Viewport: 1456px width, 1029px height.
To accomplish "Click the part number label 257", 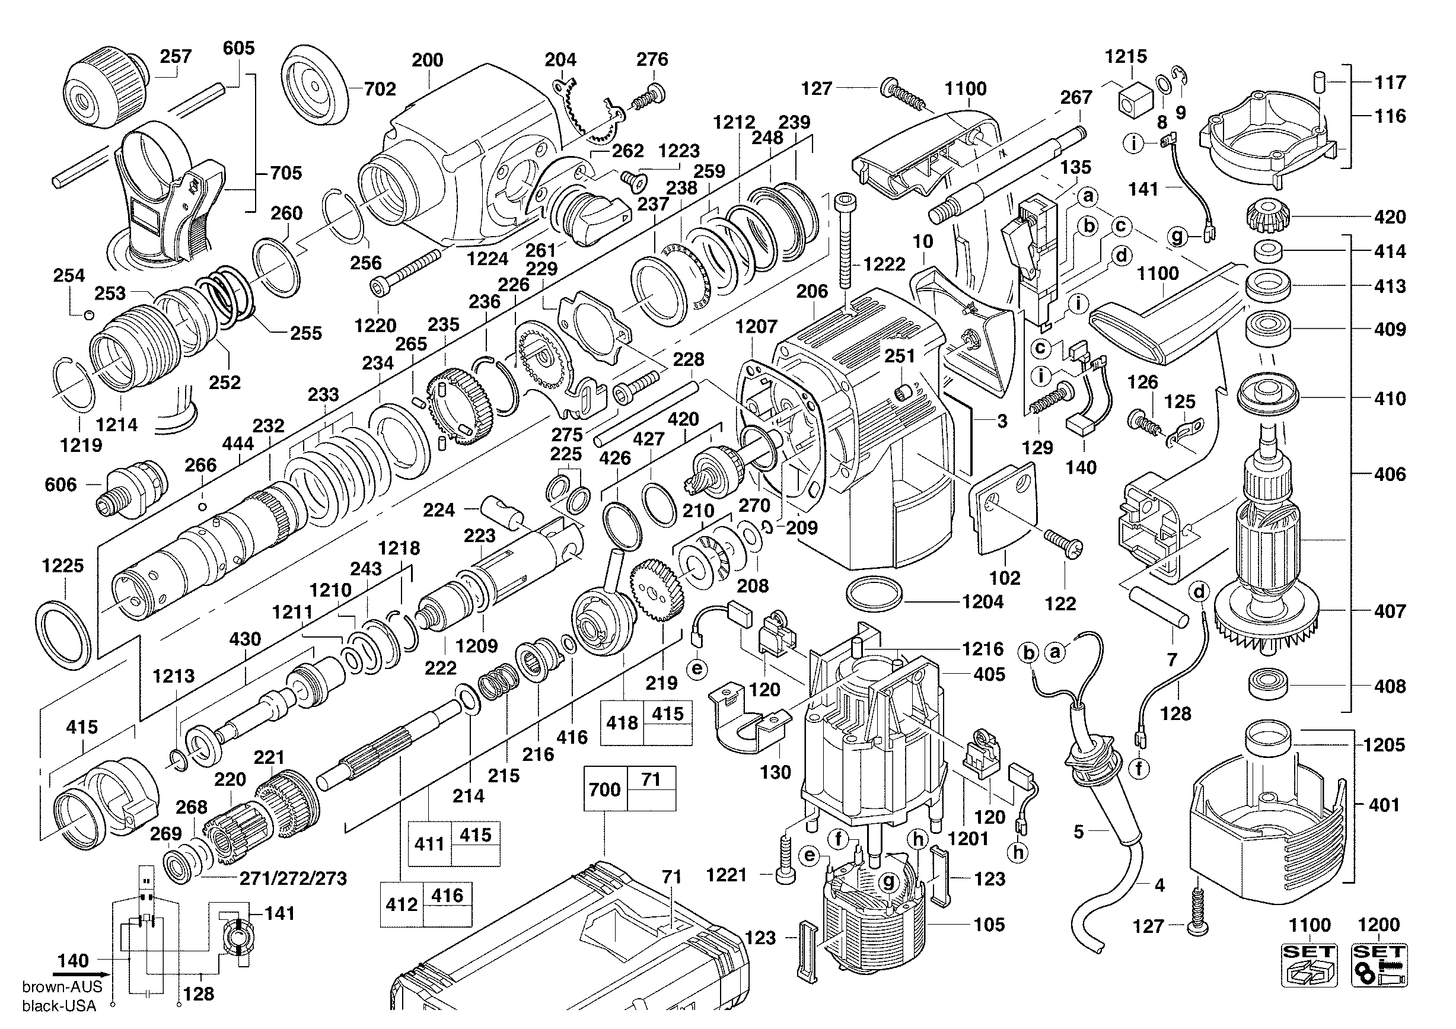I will click(x=176, y=56).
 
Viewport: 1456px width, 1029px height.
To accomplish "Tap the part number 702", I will click(x=380, y=89).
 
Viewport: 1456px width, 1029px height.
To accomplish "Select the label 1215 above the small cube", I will click(x=1126, y=56).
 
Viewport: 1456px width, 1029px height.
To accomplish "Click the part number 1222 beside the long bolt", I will click(x=884, y=265).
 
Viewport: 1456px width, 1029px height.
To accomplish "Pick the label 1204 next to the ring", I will click(x=982, y=601).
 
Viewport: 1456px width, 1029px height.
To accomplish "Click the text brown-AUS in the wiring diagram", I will click(x=62, y=986).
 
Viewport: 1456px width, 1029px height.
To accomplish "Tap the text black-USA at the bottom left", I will click(x=59, y=1006).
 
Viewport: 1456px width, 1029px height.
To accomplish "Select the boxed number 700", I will click(x=604, y=789).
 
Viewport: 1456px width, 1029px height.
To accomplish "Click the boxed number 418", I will click(x=622, y=723).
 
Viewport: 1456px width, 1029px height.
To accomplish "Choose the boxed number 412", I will click(x=402, y=904).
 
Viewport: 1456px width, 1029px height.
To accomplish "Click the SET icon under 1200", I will click(x=1379, y=965).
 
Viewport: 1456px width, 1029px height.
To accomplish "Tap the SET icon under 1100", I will click(x=1310, y=965).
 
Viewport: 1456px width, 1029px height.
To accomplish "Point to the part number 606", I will click(x=60, y=485).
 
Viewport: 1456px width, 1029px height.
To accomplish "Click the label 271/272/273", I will click(x=293, y=878).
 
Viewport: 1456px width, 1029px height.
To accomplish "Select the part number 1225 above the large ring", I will click(x=63, y=566).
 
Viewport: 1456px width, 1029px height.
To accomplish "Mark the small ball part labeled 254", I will click(x=89, y=314).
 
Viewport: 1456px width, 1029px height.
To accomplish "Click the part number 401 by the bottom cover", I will click(x=1384, y=805).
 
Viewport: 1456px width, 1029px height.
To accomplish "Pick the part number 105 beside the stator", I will click(x=989, y=925).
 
